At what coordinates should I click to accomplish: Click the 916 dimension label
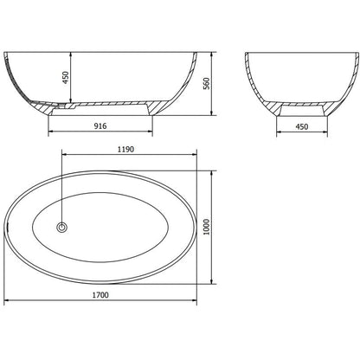point(100,125)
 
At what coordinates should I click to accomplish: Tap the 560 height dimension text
point(207,84)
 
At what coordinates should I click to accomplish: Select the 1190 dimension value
point(125,149)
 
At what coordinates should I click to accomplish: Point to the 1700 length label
point(100,295)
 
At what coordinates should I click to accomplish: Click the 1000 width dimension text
point(207,227)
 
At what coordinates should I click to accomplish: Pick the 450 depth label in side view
point(66,78)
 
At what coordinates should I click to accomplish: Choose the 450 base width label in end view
point(302,126)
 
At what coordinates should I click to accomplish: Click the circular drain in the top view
point(61,228)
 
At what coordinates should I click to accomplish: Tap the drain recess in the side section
point(66,106)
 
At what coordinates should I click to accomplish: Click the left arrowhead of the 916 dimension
point(50,132)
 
